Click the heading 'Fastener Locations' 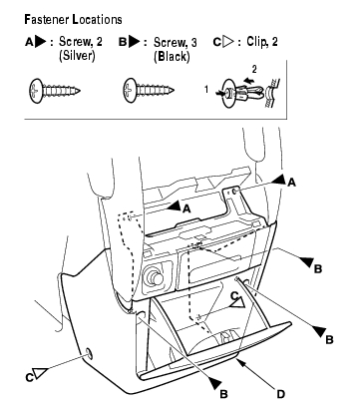(x=73, y=20)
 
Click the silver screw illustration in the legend (x=55, y=91)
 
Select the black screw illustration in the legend (x=149, y=90)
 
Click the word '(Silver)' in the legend (x=77, y=56)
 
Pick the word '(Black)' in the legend (x=172, y=56)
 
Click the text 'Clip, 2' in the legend (x=262, y=42)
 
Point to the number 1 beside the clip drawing (x=206, y=90)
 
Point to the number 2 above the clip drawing (x=254, y=69)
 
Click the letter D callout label (x=281, y=394)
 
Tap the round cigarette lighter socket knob (x=153, y=277)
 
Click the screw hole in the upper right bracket (x=234, y=192)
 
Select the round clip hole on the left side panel (x=89, y=353)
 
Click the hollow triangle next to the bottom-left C (x=41, y=373)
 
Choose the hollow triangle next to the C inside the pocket (x=238, y=302)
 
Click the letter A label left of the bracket (x=186, y=208)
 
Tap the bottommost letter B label (x=224, y=394)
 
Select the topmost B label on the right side (x=318, y=268)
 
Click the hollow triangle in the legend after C (x=228, y=42)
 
